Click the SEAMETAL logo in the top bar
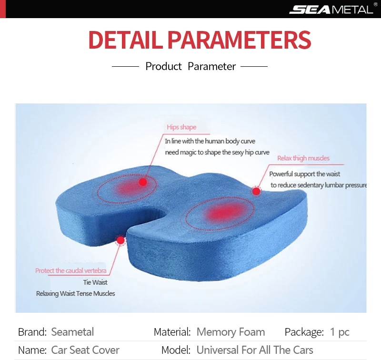tap(331, 10)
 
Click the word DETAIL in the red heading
tap(125, 40)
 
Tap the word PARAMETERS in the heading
tap(240, 40)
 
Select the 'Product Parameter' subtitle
tap(190, 66)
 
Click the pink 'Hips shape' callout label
tap(181, 127)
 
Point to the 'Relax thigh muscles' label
tap(303, 158)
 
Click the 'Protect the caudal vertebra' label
tap(70, 270)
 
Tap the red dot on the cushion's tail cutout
tap(120, 240)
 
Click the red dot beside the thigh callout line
tap(256, 191)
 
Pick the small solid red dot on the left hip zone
tap(142, 182)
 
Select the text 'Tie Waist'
tap(95, 282)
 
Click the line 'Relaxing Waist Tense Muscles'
tap(76, 294)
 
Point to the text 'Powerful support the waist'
tap(304, 174)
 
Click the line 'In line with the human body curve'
tap(210, 141)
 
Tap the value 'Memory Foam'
tap(231, 332)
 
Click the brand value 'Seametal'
tap(72, 332)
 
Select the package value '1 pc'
tap(340, 332)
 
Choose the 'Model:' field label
tap(176, 350)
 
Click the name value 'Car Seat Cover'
tap(85, 350)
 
